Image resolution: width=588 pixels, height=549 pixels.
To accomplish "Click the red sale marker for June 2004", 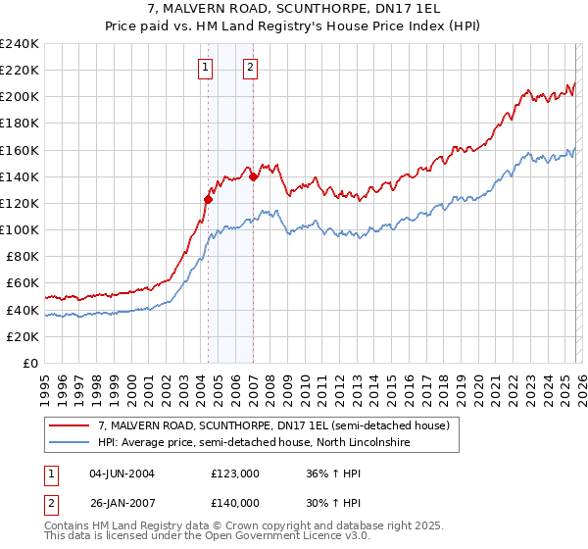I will point(208,199).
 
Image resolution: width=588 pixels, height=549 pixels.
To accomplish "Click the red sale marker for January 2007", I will point(253,176).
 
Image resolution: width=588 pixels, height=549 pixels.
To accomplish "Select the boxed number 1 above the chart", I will point(205,68).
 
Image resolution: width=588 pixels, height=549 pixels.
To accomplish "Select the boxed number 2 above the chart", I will point(250,68).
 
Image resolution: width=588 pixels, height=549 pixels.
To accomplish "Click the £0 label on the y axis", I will point(29,363).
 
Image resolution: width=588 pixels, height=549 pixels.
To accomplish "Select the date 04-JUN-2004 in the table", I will point(122,474).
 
